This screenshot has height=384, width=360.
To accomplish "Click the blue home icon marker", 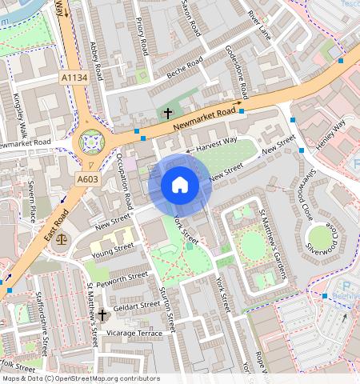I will [x=180, y=186].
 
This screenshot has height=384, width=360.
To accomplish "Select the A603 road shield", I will [x=87, y=180].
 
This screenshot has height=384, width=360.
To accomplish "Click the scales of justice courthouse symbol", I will [x=62, y=239].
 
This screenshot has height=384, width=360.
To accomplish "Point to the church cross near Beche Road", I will [x=168, y=113].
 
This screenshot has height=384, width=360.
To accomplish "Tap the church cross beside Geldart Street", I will [x=103, y=316].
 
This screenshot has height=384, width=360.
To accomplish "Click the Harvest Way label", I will [x=218, y=142].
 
